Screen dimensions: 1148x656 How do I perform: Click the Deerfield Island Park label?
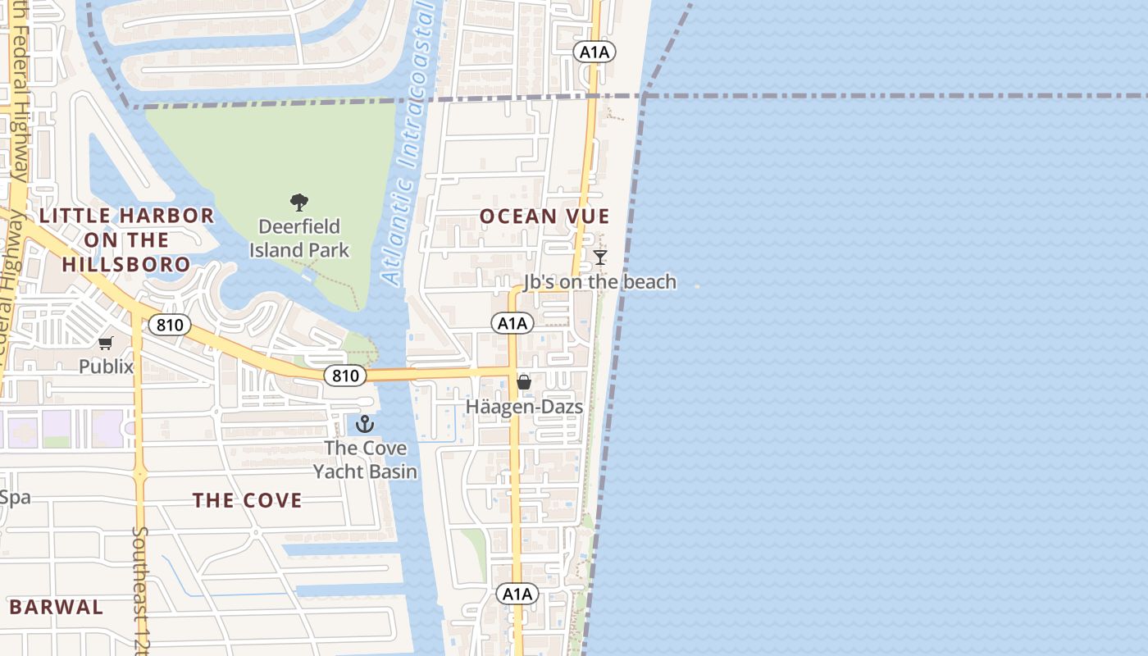pyautogui.click(x=299, y=238)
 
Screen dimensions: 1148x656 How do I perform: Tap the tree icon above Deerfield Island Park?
pyautogui.click(x=299, y=202)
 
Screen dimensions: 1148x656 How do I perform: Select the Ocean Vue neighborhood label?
pyautogui.click(x=544, y=216)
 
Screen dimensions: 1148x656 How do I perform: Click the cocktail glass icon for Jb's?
pyautogui.click(x=600, y=257)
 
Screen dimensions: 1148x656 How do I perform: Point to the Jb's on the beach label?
pyautogui.click(x=600, y=282)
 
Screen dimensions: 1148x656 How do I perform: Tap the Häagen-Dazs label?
pyautogui.click(x=524, y=407)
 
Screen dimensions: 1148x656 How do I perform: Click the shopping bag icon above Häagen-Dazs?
pyautogui.click(x=524, y=382)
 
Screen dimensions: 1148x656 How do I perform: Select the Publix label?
pyautogui.click(x=106, y=367)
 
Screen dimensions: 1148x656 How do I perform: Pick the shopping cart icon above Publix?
pyautogui.click(x=106, y=344)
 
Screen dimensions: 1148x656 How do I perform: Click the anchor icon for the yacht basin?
pyautogui.click(x=365, y=424)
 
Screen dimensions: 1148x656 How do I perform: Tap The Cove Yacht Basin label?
pyautogui.click(x=365, y=460)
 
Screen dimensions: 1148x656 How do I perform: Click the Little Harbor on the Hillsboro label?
pyautogui.click(x=127, y=240)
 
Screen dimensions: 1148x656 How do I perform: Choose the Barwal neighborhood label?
pyautogui.click(x=57, y=608)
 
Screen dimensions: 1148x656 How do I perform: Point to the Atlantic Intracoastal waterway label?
pyautogui.click(x=408, y=148)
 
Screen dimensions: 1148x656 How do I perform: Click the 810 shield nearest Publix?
pyautogui.click(x=170, y=325)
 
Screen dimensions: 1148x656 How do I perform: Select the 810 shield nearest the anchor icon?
pyautogui.click(x=345, y=376)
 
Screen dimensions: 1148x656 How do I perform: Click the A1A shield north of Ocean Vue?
pyautogui.click(x=594, y=52)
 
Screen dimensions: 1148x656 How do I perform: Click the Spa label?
pyautogui.click(x=15, y=497)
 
